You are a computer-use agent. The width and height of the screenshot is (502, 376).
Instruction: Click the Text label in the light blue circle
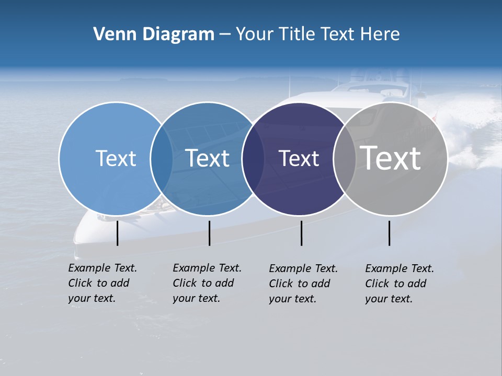click(x=116, y=158)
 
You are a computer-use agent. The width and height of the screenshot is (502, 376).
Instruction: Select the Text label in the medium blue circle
click(x=208, y=158)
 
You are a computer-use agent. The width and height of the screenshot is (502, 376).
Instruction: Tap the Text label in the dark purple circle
click(x=299, y=158)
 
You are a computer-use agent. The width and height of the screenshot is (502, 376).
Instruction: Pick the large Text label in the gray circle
click(x=391, y=158)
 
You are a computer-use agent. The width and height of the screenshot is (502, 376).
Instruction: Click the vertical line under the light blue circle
click(x=118, y=233)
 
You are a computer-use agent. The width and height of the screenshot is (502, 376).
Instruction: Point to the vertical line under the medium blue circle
click(x=209, y=233)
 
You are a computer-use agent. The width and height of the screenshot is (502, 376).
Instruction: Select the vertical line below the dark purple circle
click(x=301, y=233)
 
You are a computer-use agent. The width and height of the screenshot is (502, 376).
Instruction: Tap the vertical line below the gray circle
click(x=389, y=233)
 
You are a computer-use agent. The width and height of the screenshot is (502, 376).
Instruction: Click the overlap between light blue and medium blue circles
click(x=162, y=159)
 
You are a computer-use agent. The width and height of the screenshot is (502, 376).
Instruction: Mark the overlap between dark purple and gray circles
click(x=345, y=159)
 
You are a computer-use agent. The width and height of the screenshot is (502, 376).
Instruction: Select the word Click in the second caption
click(x=185, y=283)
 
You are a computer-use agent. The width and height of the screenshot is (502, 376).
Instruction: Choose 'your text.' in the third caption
click(x=293, y=299)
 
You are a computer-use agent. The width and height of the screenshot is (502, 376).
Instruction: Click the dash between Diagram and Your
click(x=225, y=34)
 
